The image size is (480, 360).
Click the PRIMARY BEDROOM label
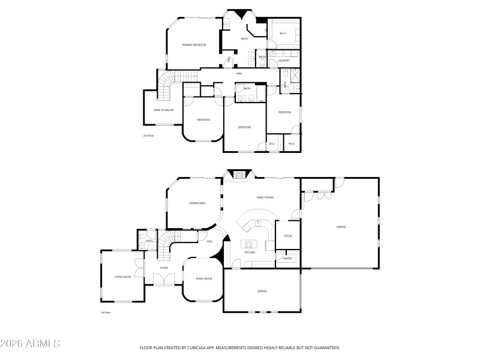point(194,45)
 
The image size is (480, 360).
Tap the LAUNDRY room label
point(284,61)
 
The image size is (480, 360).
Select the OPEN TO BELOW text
point(163,110)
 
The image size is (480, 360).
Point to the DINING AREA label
point(197,203)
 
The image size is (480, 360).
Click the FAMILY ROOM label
point(265,197)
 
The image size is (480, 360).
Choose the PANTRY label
point(287,259)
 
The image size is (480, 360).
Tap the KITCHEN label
point(250,253)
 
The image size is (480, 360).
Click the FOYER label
point(164,268)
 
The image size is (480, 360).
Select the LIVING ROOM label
point(122,277)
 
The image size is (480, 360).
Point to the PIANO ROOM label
point(204,278)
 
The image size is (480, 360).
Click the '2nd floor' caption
point(148,136)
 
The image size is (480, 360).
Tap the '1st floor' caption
point(106,313)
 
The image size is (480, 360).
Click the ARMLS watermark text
point(30,344)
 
